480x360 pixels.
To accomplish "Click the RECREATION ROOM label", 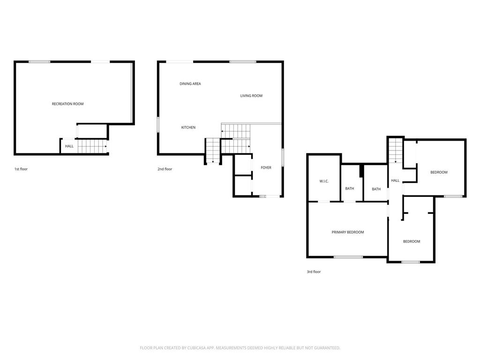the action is pyautogui.click(x=67, y=104).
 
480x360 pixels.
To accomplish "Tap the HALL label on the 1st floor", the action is pyautogui.click(x=69, y=146).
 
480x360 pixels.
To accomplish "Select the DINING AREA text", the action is pyautogui.click(x=190, y=83).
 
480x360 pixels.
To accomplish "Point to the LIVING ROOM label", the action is pyautogui.click(x=251, y=96).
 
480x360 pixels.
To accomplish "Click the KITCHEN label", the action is pyautogui.click(x=188, y=127).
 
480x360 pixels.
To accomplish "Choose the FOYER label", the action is pyautogui.click(x=266, y=167).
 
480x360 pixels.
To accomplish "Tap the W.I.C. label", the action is pyautogui.click(x=324, y=181).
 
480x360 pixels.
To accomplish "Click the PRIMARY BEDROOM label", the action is pyautogui.click(x=348, y=232).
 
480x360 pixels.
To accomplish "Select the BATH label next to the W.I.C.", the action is pyautogui.click(x=350, y=188).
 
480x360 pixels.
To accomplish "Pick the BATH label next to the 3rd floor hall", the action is pyautogui.click(x=376, y=189).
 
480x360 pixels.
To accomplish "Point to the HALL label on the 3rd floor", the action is pyautogui.click(x=395, y=180).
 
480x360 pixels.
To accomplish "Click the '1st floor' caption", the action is pyautogui.click(x=21, y=169).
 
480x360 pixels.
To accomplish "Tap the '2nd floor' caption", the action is pyautogui.click(x=165, y=169).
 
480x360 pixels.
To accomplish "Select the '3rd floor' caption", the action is pyautogui.click(x=314, y=271).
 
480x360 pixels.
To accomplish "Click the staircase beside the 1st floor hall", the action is pyautogui.click(x=92, y=146).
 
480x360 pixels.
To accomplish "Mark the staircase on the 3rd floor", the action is pyautogui.click(x=396, y=150).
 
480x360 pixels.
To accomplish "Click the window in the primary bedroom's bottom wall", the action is pyautogui.click(x=348, y=257).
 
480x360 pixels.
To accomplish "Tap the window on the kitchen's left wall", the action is pyautogui.click(x=158, y=124).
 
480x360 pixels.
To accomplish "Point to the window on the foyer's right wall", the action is pyautogui.click(x=283, y=157).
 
